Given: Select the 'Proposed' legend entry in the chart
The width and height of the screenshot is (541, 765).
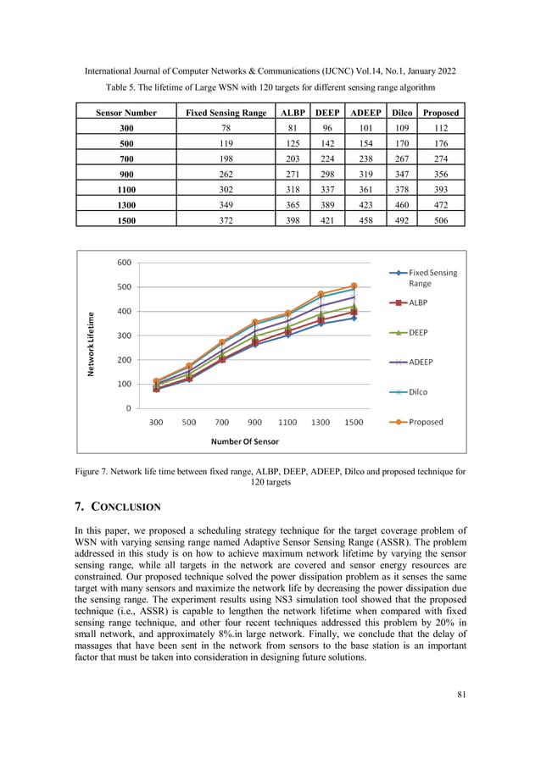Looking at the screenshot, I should pyautogui.click(x=426, y=422).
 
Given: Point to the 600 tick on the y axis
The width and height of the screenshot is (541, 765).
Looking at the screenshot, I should pyautogui.click(x=124, y=263).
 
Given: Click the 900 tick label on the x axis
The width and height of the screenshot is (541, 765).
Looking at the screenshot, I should pyautogui.click(x=254, y=422).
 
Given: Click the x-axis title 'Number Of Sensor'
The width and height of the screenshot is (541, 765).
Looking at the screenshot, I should pyautogui.click(x=245, y=441).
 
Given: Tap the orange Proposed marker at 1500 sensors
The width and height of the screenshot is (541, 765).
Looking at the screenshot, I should pyautogui.click(x=354, y=286).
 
